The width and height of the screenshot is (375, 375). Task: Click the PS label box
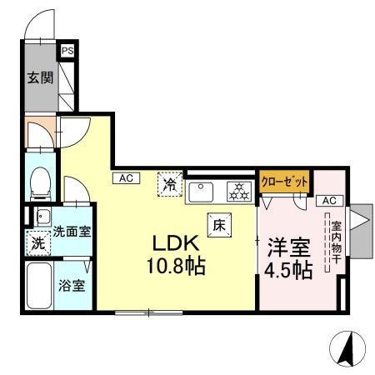pyautogui.click(x=66, y=50)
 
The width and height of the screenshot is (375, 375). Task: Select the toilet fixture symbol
pyautogui.click(x=39, y=181)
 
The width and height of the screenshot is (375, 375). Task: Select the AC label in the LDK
pyautogui.click(x=125, y=177)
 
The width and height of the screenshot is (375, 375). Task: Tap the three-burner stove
pyautogui.click(x=239, y=191)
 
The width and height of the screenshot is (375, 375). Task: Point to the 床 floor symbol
pyautogui.click(x=219, y=224)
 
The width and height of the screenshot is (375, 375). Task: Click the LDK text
pyautogui.click(x=173, y=244)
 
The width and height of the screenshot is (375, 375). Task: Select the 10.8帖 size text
pyautogui.click(x=177, y=267)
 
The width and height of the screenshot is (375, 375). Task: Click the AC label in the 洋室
pyautogui.click(x=328, y=201)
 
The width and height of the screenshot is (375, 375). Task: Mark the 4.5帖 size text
pyautogui.click(x=289, y=270)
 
